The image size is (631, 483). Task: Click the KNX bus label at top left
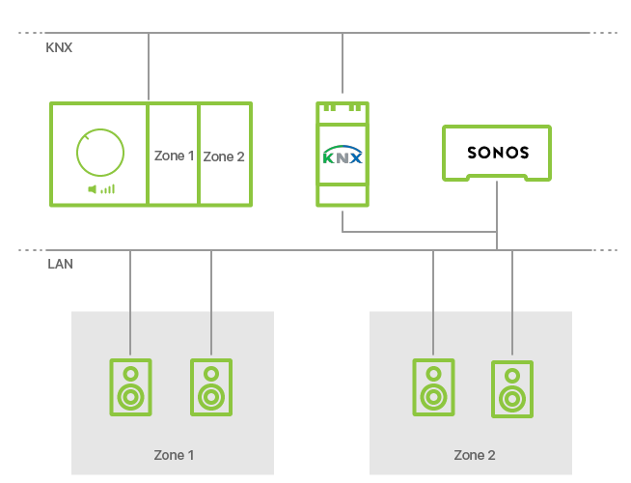[x=59, y=46]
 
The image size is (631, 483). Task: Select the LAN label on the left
[x=59, y=263]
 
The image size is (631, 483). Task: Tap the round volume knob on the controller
[x=100, y=154]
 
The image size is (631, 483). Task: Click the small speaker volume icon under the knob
[x=101, y=189]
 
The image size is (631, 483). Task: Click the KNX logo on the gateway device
[x=343, y=156]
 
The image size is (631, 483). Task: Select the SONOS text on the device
[x=498, y=153]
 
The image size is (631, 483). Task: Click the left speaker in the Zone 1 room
[x=130, y=387]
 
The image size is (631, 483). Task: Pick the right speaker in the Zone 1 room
[x=210, y=387]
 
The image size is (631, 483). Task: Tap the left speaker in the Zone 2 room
[x=433, y=387]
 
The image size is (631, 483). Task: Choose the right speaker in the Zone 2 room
[x=512, y=389]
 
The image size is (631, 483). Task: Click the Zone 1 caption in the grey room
[x=175, y=454]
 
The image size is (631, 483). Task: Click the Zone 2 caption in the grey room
[x=475, y=454]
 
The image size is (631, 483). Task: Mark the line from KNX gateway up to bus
[x=343, y=67]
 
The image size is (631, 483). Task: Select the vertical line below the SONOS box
[x=497, y=213]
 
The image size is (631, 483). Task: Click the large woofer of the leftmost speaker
[x=130, y=395]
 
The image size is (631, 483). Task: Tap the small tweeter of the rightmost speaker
[x=512, y=375]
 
